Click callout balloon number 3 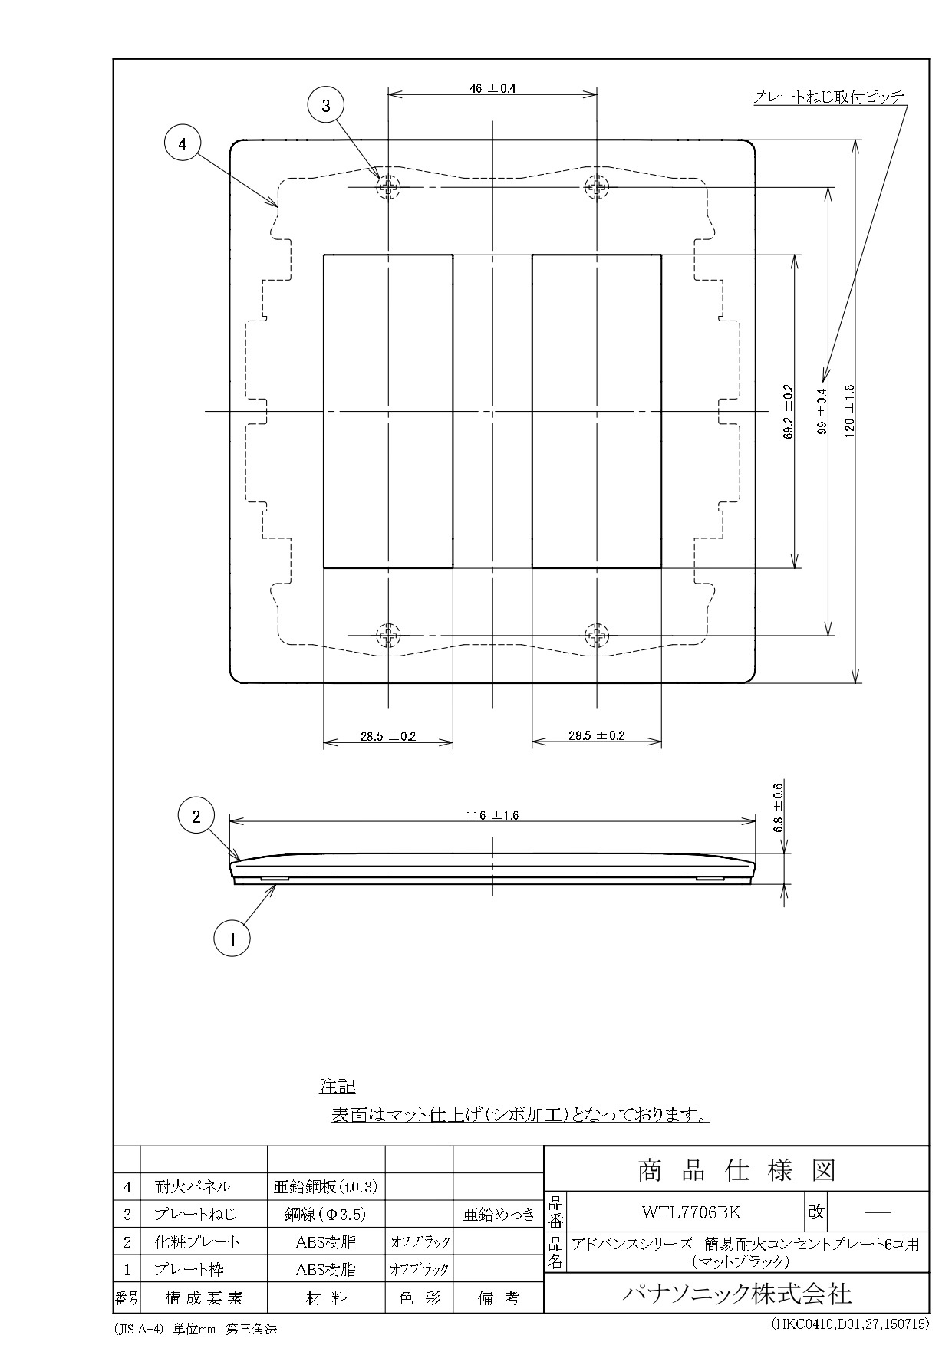coord(326,106)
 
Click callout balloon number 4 coord(182,143)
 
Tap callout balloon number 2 coord(196,817)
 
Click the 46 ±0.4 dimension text coord(492,88)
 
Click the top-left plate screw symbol coord(389,187)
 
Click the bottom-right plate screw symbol coord(597,635)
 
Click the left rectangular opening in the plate coord(388,411)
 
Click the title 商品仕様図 coord(736,1170)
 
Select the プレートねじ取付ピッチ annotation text coord(828,97)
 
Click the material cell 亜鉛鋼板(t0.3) coord(325,1187)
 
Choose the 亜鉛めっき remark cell coord(498,1215)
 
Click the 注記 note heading coord(338,1087)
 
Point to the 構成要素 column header coord(203,1298)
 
